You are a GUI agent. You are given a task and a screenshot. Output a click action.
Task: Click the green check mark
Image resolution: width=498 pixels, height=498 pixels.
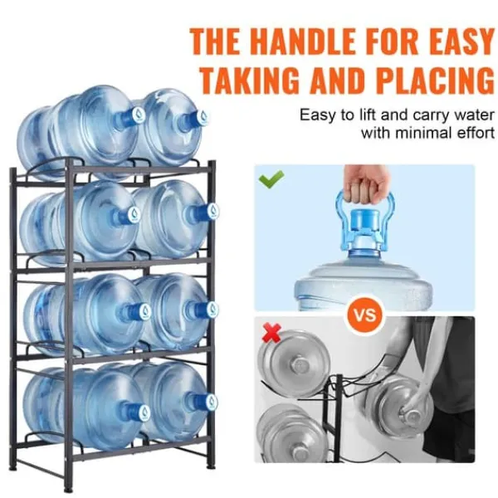coord(271,178)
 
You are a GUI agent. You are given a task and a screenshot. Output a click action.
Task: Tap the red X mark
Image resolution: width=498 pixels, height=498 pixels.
coord(273,333)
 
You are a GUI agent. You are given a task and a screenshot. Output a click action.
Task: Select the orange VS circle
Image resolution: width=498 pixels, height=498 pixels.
coord(364,315)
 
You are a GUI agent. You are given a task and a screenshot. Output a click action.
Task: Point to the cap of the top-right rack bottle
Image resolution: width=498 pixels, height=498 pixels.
coord(202,117)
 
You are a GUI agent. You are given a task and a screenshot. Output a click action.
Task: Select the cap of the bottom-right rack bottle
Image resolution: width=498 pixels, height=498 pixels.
coord(211,402)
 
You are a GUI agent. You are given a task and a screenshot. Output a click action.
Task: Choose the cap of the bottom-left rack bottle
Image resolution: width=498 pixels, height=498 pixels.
coord(144,412)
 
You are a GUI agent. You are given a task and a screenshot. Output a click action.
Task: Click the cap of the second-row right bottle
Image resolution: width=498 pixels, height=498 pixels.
coord(212,211)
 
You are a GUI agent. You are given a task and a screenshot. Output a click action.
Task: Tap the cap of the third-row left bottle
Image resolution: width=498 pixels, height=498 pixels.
coord(145,311)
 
